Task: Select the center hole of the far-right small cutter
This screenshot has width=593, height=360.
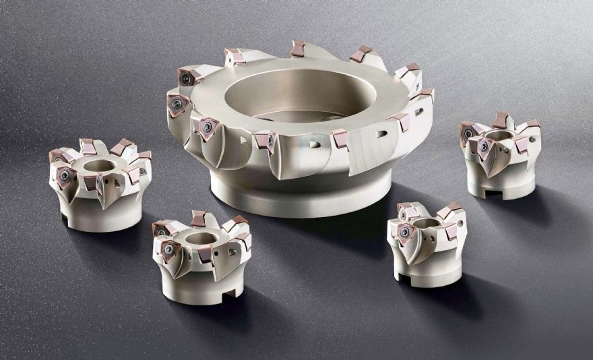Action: point(497,137)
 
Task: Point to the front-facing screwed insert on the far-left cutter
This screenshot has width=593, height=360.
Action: point(65,176)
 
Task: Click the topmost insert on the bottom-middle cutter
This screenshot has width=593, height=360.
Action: point(198,218)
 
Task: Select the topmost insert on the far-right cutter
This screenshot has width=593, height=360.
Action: point(501,120)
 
